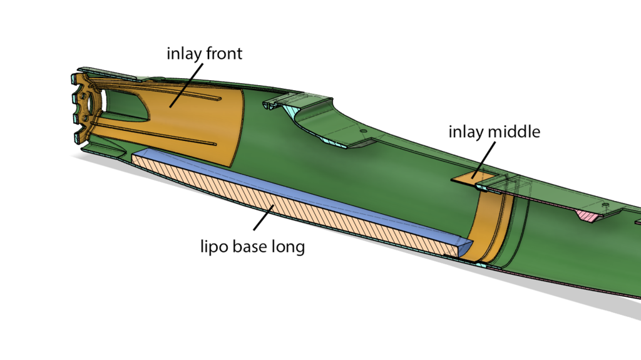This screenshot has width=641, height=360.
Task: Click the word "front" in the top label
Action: click(x=224, y=53)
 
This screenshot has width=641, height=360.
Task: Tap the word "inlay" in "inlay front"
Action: click(x=184, y=54)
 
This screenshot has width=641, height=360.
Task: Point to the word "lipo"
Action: click(x=214, y=247)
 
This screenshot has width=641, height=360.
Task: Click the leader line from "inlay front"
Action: click(x=186, y=85)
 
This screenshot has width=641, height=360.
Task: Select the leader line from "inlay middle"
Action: click(x=484, y=160)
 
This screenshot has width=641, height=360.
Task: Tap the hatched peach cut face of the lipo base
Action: click(x=286, y=205)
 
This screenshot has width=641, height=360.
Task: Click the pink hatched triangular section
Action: click(x=588, y=215)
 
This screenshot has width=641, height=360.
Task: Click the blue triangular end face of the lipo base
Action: click(x=465, y=247)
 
